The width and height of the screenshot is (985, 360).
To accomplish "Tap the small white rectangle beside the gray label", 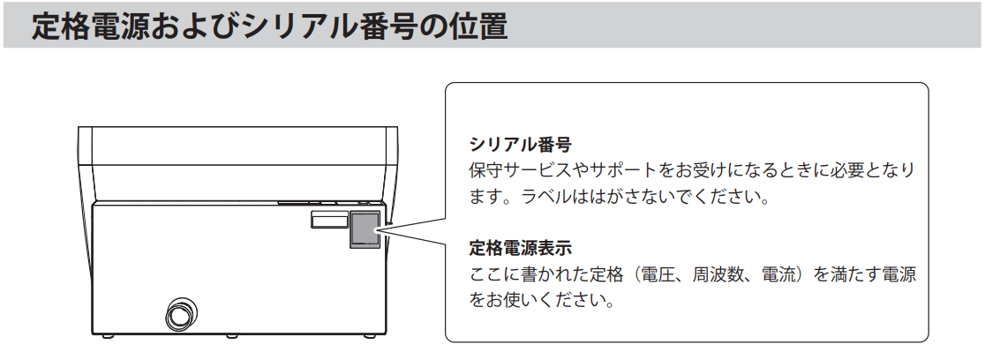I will (327, 220).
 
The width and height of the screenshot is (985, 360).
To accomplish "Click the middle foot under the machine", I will (230, 336).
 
